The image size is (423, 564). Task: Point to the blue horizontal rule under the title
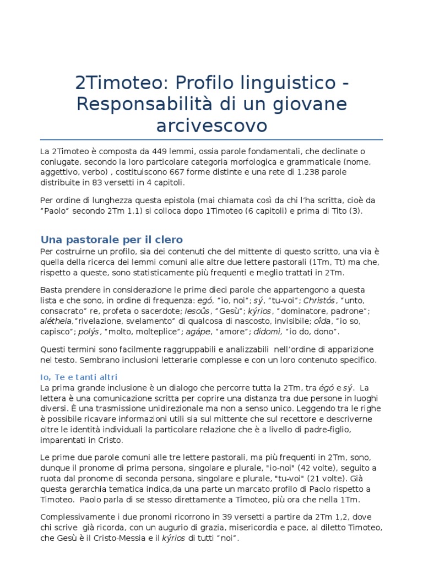coord(211,140)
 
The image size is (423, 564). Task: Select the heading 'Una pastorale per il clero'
coord(111,239)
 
